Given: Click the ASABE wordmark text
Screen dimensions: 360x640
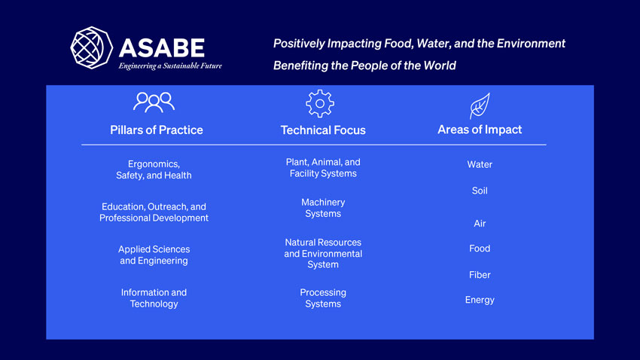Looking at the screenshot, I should (162, 47).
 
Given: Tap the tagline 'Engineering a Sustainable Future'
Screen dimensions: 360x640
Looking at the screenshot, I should (170, 66).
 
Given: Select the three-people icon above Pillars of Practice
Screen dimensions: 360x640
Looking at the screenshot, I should (154, 102).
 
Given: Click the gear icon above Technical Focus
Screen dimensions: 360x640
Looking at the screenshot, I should (320, 103).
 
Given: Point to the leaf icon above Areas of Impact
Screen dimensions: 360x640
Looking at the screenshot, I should (480, 105).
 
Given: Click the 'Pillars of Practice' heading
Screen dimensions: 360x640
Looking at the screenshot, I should (157, 130).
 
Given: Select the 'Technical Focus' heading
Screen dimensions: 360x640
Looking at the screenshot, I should (323, 130).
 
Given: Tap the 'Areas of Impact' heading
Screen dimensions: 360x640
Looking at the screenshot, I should (480, 130).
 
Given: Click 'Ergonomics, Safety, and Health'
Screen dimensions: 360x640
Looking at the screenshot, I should (154, 169).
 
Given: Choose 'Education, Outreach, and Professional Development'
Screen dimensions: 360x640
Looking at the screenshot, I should (154, 212).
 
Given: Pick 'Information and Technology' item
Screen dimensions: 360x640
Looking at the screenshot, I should (154, 298).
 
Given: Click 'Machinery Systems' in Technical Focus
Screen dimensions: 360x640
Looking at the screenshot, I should (323, 208).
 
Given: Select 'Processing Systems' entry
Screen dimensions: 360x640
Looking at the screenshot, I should (323, 298).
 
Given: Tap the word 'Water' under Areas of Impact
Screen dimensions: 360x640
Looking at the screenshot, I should (480, 164).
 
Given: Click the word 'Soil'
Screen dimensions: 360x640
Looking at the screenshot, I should (480, 191).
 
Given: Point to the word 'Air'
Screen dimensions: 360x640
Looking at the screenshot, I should (480, 224).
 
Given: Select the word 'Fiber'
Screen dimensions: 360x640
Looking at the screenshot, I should (480, 275).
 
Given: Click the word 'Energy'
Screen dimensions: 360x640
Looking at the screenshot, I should (480, 300).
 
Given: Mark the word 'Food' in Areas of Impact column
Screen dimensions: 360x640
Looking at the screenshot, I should (480, 249).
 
